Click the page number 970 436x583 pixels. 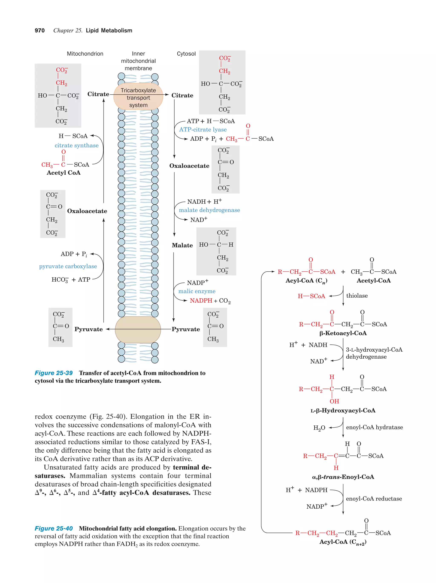(x=40, y=31)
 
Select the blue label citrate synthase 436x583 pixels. (x=76, y=145)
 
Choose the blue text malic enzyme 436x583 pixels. (x=197, y=291)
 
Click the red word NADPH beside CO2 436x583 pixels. (x=201, y=301)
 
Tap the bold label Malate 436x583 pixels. (x=182, y=245)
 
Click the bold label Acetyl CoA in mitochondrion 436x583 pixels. (x=64, y=173)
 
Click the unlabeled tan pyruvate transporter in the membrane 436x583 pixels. (x=138, y=329)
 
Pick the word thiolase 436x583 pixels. (x=357, y=296)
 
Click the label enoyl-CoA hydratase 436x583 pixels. (x=374, y=427)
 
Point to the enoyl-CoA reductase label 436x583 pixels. (x=374, y=499)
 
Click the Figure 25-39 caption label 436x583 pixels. (x=54, y=373)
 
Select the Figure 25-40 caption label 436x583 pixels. (x=54, y=528)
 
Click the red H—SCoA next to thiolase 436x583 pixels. (x=311, y=296)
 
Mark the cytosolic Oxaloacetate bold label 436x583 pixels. (x=189, y=166)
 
